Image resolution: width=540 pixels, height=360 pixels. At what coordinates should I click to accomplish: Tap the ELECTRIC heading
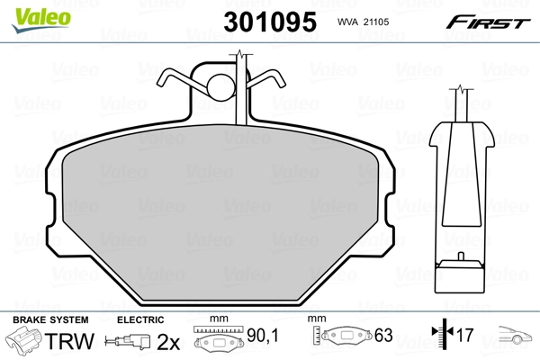click(140, 319)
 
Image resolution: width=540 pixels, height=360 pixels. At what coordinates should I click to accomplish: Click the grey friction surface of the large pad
click(225, 216)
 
